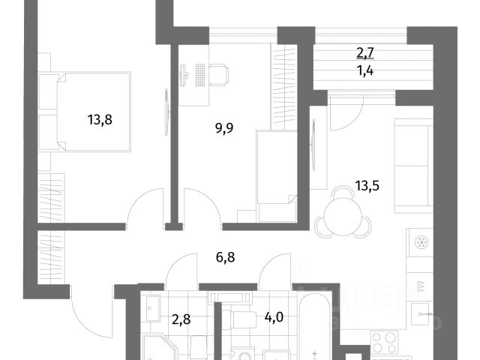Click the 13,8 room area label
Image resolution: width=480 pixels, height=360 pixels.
(100, 120)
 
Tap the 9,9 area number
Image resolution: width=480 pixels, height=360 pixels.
(224, 128)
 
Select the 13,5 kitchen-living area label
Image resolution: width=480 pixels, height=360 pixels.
(367, 185)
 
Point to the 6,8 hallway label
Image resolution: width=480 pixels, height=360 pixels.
(226, 257)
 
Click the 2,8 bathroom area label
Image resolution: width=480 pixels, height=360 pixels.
(181, 319)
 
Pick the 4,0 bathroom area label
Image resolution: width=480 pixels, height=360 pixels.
(274, 317)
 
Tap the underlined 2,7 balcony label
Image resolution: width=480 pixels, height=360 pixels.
(365, 52)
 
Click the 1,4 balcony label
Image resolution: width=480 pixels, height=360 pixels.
(365, 71)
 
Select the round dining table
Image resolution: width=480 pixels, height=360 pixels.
(343, 216)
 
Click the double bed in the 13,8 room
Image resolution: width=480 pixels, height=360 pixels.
(94, 112)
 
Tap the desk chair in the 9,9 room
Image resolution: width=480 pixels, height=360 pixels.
(219, 75)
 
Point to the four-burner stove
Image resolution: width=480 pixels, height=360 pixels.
(385, 341)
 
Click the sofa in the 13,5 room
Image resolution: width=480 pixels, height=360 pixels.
(413, 166)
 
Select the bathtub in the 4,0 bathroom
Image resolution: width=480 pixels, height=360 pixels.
(315, 327)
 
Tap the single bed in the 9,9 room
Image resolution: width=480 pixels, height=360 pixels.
(277, 176)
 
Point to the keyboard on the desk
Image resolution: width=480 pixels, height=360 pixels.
(199, 75)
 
